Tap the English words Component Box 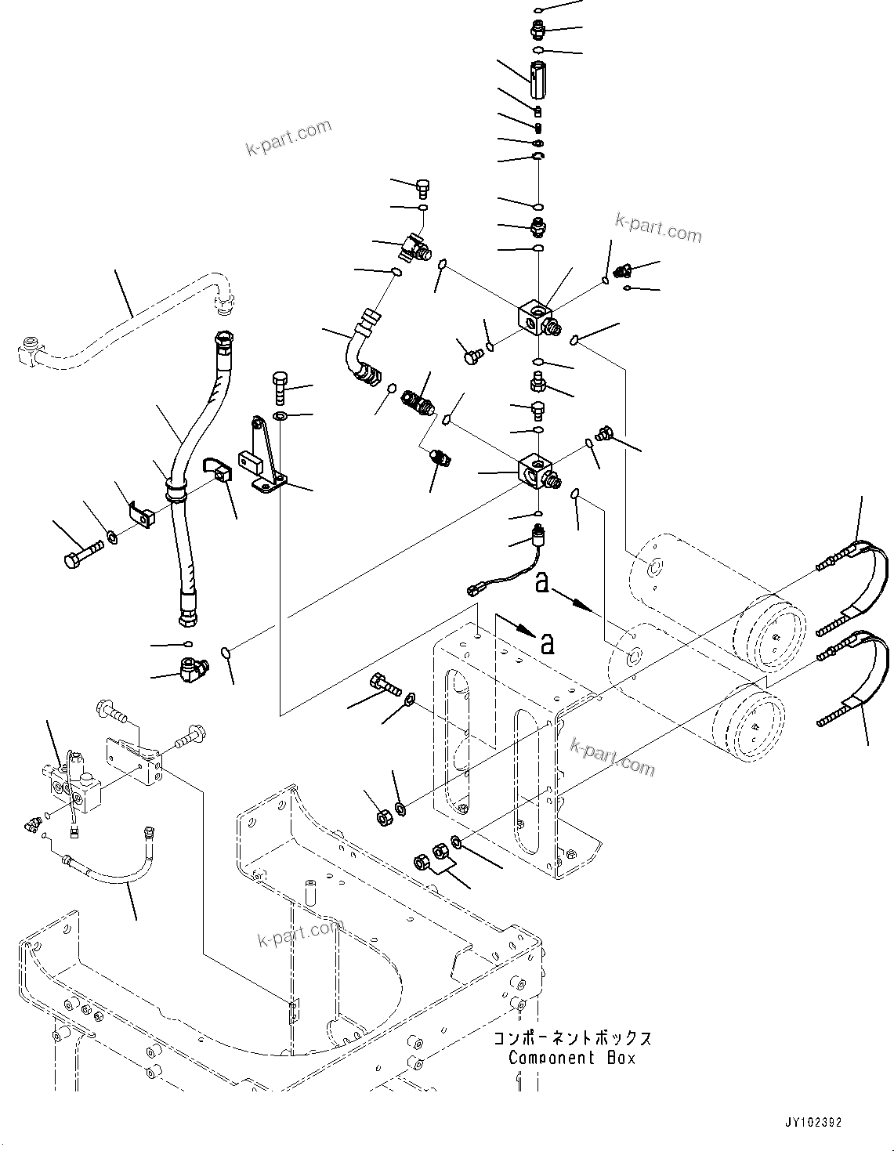coord(572,1058)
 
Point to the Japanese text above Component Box coord(572,1039)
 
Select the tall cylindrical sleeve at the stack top coord(538,81)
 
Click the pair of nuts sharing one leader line coord(430,855)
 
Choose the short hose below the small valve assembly coord(118,870)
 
